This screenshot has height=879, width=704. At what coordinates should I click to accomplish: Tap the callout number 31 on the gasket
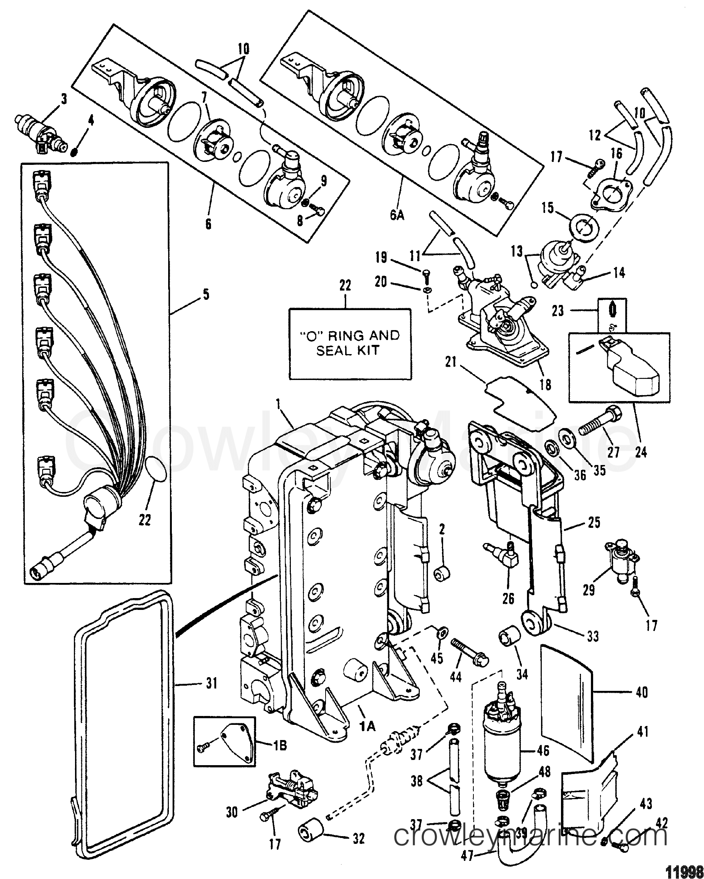click(x=210, y=683)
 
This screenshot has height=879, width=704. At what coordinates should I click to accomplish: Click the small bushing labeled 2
click(x=442, y=574)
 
